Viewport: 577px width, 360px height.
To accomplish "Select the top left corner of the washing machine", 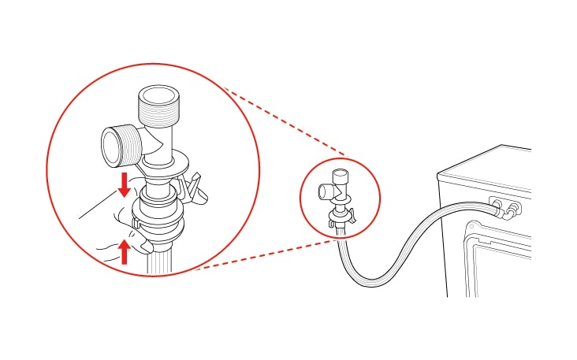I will (x=438, y=174).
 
